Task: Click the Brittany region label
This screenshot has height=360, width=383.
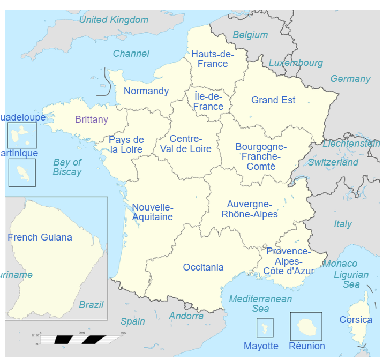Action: pos(92,119)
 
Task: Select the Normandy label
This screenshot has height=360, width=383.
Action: pos(146,91)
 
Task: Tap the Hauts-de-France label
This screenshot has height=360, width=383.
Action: pos(213,59)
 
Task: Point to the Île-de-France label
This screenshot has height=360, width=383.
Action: pos(208,101)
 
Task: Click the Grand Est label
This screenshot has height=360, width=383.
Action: pos(273,100)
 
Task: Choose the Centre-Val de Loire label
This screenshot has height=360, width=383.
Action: pos(186,144)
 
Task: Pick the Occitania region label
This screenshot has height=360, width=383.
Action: pos(204,267)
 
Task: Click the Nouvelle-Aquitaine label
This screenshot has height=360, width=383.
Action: pos(153,212)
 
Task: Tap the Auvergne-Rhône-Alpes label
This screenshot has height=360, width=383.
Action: pos(250,209)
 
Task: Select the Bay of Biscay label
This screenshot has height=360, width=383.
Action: pos(67,167)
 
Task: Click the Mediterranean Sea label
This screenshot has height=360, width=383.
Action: pos(260,303)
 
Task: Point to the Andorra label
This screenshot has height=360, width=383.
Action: pos(186,316)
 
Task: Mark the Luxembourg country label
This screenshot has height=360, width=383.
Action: pos(296,63)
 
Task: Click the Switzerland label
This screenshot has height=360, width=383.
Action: pos(333,162)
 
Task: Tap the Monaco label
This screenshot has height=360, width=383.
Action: pos(340,264)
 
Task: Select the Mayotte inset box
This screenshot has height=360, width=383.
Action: pos(265,327)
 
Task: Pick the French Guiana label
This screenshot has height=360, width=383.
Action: pos(40,237)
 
